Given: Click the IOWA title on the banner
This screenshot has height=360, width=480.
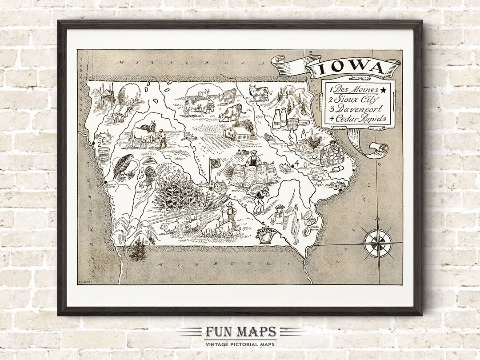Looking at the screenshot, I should (351, 68).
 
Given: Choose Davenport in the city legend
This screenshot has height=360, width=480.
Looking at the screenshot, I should (356, 109).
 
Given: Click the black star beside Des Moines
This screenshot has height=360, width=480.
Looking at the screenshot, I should (383, 90).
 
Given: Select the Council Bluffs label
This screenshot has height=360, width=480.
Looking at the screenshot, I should (108, 185).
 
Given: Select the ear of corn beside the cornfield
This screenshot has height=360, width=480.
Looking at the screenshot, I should (216, 202).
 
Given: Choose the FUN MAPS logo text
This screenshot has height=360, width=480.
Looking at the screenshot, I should (240, 332).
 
